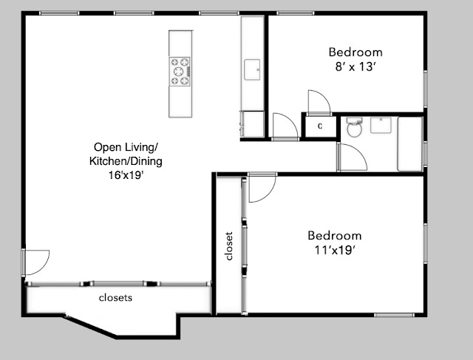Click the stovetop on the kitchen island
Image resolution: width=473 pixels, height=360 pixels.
[180, 72]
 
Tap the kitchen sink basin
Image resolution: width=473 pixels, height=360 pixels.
[252, 69]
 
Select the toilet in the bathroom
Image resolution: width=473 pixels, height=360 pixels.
[354, 127]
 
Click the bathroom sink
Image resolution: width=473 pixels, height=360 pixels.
[381, 125]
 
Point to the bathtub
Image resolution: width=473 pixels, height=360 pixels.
[409, 144]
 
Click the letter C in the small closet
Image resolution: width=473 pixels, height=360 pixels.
[320, 126]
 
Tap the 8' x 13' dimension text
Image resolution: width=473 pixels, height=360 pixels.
[355, 67]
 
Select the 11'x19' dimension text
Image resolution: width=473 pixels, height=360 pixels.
[334, 250]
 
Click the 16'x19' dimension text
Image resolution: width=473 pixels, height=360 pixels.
[126, 175]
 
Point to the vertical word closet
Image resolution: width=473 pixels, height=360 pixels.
[229, 246]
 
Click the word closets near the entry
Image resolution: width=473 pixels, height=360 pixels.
[115, 298]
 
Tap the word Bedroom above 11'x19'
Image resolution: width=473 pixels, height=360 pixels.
[335, 235]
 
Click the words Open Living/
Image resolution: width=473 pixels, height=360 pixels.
[126, 147]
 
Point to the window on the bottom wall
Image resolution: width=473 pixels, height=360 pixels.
[394, 315]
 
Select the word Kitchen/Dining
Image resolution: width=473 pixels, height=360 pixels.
[126, 161]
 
